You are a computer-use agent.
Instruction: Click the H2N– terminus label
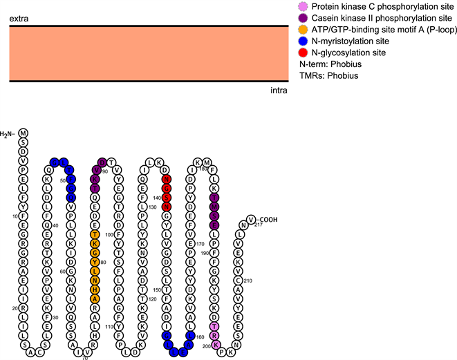(x=8, y=133)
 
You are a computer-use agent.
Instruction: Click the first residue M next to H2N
(x=23, y=133)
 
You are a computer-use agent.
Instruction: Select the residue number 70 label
(x=85, y=357)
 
